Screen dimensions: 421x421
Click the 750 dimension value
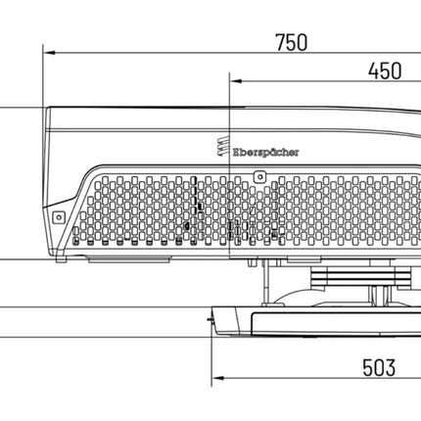(x=292, y=42)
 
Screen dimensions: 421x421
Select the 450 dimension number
(x=385, y=71)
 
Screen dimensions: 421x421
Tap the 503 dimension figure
(x=379, y=367)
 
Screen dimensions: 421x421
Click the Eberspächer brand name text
(x=265, y=153)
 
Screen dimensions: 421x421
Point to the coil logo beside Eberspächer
(x=223, y=147)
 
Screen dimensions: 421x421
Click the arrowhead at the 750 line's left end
(x=49, y=53)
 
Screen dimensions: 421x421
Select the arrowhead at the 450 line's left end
(x=236, y=81)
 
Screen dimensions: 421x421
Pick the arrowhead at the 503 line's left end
(x=217, y=378)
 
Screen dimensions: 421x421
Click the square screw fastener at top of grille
(x=260, y=177)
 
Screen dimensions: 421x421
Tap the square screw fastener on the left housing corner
(x=59, y=217)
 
